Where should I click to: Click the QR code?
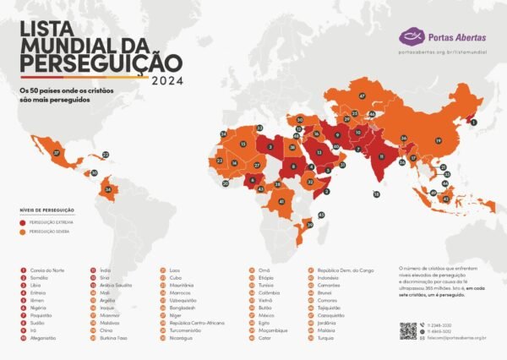[408, 330]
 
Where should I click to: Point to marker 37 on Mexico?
[57, 153]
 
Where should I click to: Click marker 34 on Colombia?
[106, 190]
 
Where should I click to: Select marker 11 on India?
[382, 157]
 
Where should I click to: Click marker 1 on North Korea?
[474, 123]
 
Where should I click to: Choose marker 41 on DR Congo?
[281, 202]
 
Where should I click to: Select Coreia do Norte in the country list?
[46, 270]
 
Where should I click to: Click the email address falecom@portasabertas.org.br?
[456, 338]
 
